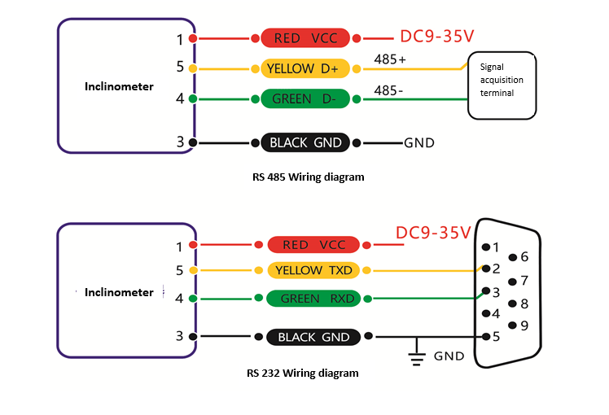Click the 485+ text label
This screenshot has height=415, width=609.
click(x=391, y=59)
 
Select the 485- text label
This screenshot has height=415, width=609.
click(x=388, y=90)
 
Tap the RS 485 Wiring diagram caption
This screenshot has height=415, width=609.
click(x=309, y=176)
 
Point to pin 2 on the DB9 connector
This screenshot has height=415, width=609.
click(x=486, y=269)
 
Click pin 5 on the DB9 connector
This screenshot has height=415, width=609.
click(x=486, y=336)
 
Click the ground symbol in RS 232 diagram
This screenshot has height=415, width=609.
click(x=418, y=352)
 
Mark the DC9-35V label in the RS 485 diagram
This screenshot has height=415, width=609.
click(x=437, y=37)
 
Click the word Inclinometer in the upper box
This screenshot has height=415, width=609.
click(x=119, y=86)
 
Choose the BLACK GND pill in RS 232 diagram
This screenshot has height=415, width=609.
click(x=313, y=337)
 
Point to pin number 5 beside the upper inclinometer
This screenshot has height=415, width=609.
click(x=180, y=68)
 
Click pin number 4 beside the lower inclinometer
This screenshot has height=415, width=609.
click(x=180, y=299)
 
